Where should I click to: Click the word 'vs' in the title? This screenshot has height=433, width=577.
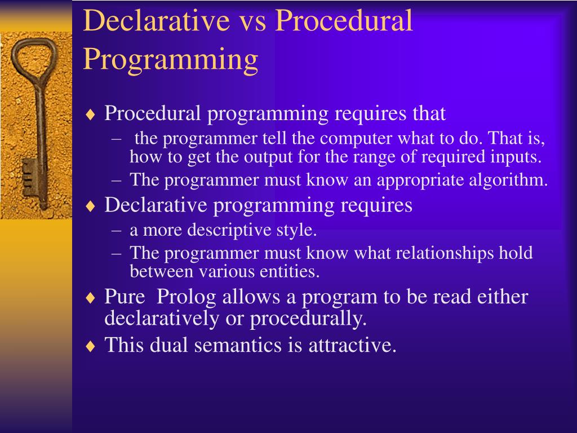252,21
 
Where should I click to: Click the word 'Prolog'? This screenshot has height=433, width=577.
186,297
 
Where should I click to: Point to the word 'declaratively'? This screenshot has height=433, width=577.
162,319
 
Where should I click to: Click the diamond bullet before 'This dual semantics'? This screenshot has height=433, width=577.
90,347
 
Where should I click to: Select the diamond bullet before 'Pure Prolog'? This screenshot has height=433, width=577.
90,298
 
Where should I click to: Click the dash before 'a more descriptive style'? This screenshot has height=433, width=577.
116,231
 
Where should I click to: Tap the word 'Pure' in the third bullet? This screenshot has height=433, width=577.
125,297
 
